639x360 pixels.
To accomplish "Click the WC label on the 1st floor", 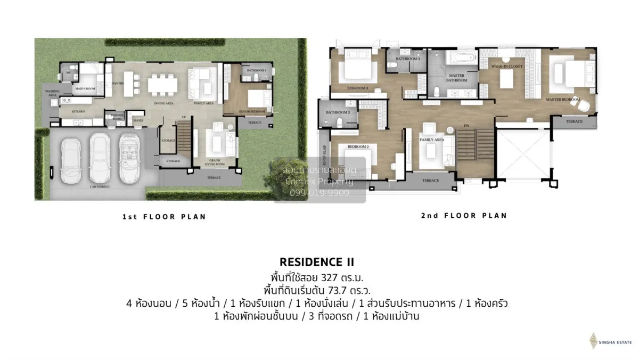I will click(x=69, y=72).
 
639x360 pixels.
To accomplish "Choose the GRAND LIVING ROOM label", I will click(x=215, y=161).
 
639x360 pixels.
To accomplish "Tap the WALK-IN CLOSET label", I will click(x=506, y=66).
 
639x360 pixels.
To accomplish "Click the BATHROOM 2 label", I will click(x=338, y=112).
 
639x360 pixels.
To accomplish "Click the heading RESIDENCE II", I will click(x=316, y=262).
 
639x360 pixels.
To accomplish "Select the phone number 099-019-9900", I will click(x=320, y=193).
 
